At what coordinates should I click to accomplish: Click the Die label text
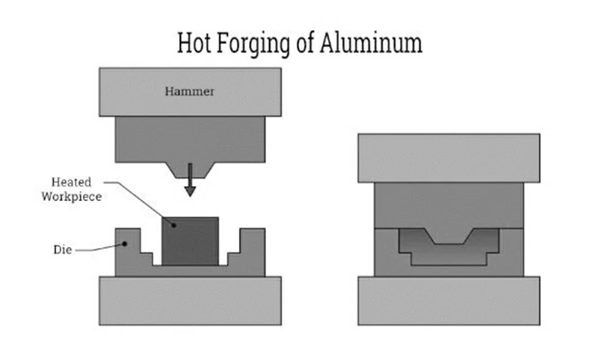pos(63,250)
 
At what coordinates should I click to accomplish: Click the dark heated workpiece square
pos(191,240)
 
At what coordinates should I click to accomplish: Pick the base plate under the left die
pos(190,300)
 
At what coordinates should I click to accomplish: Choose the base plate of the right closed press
pos(449,300)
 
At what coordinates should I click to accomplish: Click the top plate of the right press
pos(449,158)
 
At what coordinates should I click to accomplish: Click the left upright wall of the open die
pos(127,250)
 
